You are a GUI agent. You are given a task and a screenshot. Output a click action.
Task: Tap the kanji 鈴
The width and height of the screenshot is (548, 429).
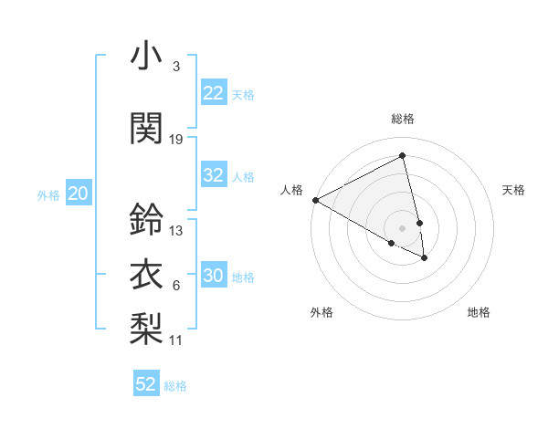tap(146, 219)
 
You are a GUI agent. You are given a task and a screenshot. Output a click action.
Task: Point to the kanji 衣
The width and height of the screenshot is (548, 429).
tap(146, 274)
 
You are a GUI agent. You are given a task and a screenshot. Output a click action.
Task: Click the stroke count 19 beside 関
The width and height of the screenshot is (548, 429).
tap(176, 139)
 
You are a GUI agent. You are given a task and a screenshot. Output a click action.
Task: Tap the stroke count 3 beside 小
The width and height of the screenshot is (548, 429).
tap(175, 67)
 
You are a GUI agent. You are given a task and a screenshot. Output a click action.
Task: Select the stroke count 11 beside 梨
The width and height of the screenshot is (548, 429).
tap(176, 340)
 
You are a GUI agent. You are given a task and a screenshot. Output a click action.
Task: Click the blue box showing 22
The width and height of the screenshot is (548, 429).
tap(213, 93)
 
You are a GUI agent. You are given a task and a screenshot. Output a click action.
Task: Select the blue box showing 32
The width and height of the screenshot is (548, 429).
tap(213, 176)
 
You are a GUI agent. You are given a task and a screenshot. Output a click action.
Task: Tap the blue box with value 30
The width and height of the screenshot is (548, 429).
tap(213, 276)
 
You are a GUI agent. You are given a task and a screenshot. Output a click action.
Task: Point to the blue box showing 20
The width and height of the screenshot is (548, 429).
tap(79, 194)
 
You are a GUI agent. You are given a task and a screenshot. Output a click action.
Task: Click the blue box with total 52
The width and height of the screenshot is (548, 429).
tap(146, 384)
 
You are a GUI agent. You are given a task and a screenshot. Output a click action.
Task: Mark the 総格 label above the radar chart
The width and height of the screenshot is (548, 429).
tap(402, 119)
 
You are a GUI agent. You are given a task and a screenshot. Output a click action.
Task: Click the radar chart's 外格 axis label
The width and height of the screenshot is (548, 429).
tap(321, 312)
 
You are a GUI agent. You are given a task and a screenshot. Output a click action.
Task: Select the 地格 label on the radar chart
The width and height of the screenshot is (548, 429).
tap(479, 312)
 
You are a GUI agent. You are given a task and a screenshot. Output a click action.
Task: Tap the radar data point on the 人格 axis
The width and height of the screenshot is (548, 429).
tap(315, 200)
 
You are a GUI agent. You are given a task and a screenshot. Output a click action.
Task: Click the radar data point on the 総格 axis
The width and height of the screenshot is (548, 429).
tap(402, 156)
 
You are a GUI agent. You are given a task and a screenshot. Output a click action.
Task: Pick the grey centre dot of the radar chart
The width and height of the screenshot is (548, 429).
tap(402, 227)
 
